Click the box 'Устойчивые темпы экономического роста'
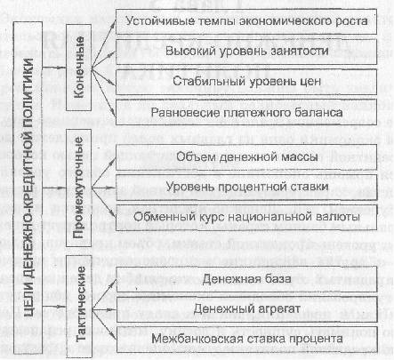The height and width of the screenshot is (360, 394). [x=246, y=21]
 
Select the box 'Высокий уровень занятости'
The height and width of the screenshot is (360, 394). [x=246, y=52]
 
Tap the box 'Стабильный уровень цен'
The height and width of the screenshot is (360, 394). [x=246, y=82]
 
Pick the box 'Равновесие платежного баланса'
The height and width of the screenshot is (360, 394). [x=246, y=112]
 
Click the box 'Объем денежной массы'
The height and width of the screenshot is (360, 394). [x=246, y=157]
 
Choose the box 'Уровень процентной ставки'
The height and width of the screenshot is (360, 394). [x=246, y=187]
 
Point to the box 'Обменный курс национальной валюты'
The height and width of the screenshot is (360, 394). [x=246, y=217]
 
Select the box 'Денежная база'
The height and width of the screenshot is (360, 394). [x=246, y=279]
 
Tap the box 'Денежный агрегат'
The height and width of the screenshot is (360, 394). [x=246, y=309]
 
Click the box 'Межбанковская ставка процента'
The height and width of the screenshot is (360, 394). [x=246, y=340]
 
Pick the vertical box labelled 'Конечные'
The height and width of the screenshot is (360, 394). [x=78, y=68]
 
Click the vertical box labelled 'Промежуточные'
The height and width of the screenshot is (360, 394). [x=78, y=188]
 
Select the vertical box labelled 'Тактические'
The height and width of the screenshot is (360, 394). [x=78, y=306]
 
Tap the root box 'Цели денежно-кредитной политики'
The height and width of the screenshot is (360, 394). [x=28, y=188]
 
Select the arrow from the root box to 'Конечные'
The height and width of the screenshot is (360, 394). [x=54, y=68]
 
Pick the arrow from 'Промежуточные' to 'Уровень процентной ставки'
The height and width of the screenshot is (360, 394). [x=103, y=188]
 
